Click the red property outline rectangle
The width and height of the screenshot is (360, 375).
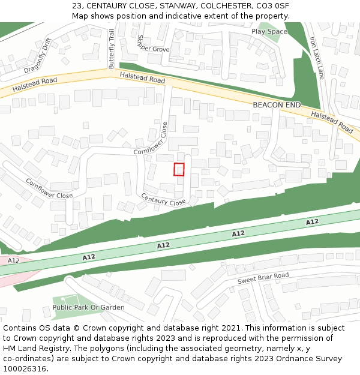[x=179, y=169]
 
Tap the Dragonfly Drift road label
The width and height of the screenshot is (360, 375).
[x=30, y=56]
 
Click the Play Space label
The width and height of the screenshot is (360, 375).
[x=269, y=31]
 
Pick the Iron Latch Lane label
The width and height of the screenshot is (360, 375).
[x=316, y=58]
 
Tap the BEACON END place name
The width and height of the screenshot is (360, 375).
[x=277, y=105]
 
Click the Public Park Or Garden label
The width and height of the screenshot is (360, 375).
[x=89, y=307]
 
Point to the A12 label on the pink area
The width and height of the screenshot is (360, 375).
[x=13, y=260]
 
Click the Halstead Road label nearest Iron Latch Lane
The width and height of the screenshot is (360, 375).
[x=332, y=122]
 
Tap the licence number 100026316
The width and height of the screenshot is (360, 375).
[x=25, y=369]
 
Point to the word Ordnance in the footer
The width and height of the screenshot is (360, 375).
[x=287, y=359]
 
